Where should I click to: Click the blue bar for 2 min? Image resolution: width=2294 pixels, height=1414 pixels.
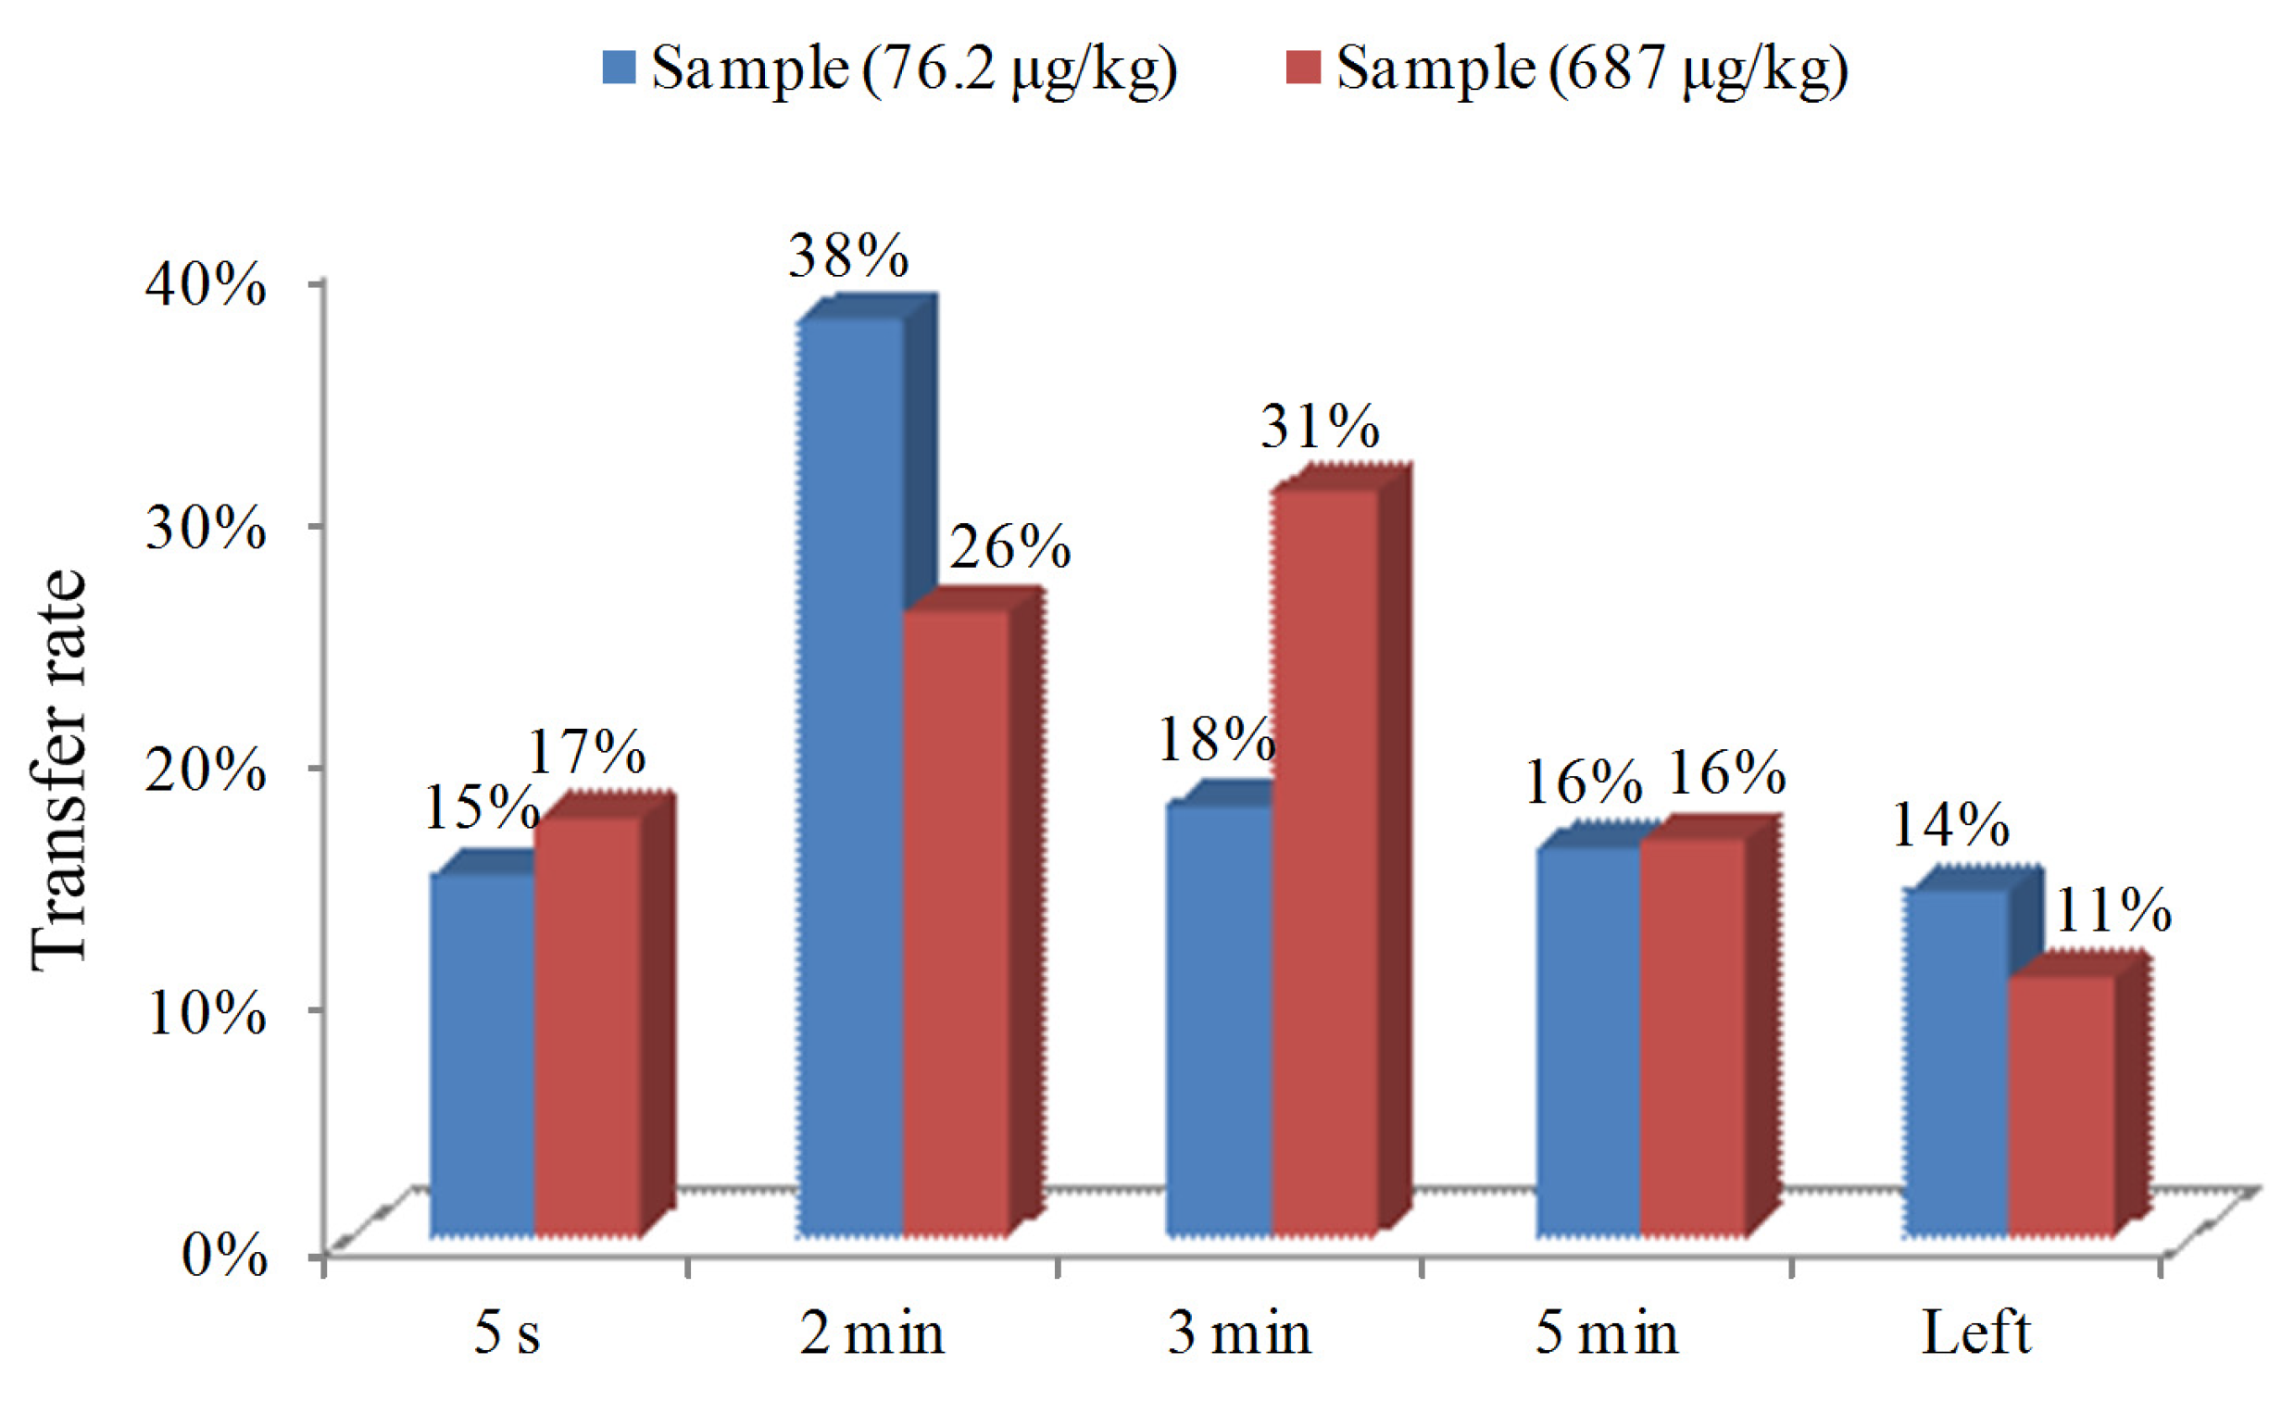click(851, 776)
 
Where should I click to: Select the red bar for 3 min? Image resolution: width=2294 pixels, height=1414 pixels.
click(1324, 860)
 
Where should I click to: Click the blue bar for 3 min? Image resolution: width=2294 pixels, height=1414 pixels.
click(1220, 1020)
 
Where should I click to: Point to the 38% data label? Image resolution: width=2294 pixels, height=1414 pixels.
click(847, 256)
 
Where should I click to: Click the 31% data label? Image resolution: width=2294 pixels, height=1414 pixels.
click(1319, 427)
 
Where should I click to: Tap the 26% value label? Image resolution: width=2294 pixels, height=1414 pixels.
click(1010, 547)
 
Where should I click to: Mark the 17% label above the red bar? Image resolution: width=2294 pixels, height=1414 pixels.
click(585, 752)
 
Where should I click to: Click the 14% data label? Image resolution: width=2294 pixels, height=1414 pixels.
click(1949, 825)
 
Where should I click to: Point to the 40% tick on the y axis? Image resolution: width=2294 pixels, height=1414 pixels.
click(206, 284)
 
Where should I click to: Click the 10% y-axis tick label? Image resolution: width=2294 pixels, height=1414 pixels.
click(206, 1012)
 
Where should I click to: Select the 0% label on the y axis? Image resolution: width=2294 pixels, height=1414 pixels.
click(224, 1255)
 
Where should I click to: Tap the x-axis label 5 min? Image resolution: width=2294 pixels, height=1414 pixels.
click(1606, 1333)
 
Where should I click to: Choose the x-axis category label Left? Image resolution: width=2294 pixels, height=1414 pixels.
click(1975, 1333)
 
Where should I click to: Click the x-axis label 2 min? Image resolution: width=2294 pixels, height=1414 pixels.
click(871, 1333)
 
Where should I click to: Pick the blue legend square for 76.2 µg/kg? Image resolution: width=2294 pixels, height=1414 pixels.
click(619, 68)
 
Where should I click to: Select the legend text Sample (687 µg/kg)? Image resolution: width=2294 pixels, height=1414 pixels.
click(1592, 68)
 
